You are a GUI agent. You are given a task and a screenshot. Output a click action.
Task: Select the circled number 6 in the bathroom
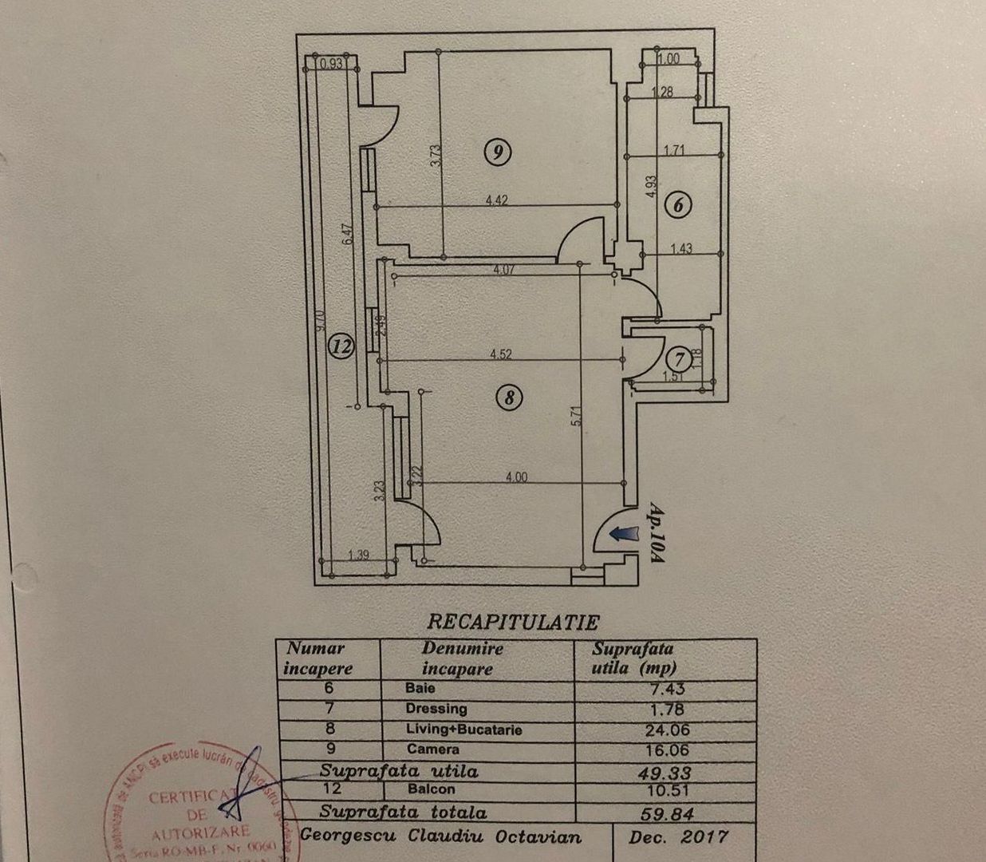point(678,205)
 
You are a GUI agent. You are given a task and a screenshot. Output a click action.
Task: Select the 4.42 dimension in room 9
point(496,201)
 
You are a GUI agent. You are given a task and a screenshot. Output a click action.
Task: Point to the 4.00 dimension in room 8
point(516,477)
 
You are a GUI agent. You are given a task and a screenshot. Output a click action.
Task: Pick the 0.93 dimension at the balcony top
point(330,64)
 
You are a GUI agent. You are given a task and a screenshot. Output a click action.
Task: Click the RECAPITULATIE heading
point(513,622)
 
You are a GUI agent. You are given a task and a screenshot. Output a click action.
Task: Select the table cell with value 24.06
point(667,730)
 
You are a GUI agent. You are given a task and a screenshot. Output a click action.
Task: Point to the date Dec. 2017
point(678,837)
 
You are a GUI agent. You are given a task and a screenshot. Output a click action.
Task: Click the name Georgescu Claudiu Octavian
point(440,837)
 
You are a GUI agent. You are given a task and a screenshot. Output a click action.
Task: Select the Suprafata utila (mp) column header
point(633,659)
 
